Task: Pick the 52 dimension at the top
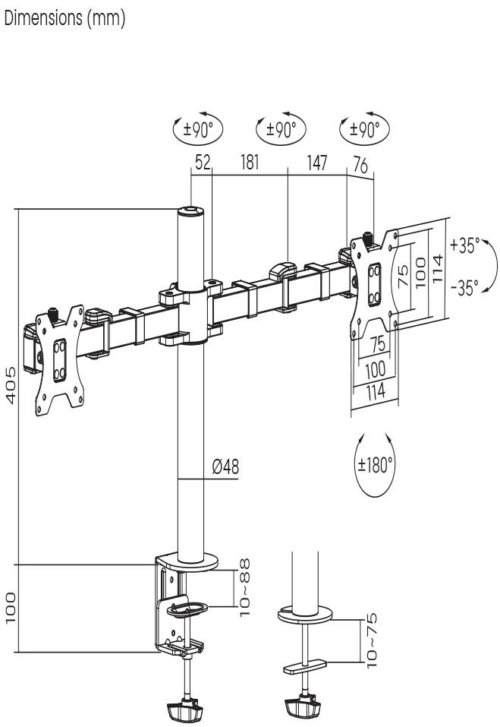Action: coord(201,163)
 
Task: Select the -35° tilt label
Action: coord(464,289)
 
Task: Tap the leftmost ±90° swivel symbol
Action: coord(198,130)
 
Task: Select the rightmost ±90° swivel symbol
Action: coord(363,130)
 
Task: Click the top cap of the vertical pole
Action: coord(191,213)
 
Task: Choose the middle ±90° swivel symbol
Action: coord(281,130)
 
